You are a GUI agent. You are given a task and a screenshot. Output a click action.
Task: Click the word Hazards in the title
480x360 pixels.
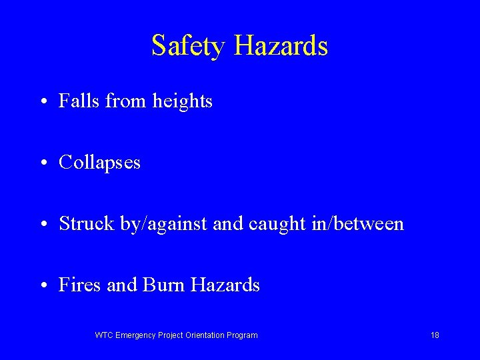pos(281,46)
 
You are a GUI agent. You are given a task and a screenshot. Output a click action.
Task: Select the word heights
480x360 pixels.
pos(182,101)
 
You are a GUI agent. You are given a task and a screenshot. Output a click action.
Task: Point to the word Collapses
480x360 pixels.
pos(99,163)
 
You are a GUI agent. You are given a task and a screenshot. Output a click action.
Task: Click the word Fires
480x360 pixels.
pos(80,285)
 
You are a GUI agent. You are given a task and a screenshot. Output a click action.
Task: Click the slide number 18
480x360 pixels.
pos(435,335)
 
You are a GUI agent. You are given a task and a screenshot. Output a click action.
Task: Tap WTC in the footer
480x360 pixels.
pos(104,335)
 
